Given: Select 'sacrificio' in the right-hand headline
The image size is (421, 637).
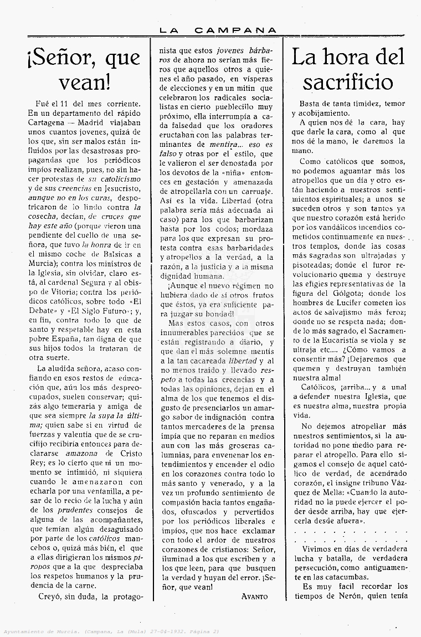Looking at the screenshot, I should [348, 82].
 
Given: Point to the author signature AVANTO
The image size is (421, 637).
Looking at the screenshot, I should [255, 597].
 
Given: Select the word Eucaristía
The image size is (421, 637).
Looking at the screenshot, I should [351, 331].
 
